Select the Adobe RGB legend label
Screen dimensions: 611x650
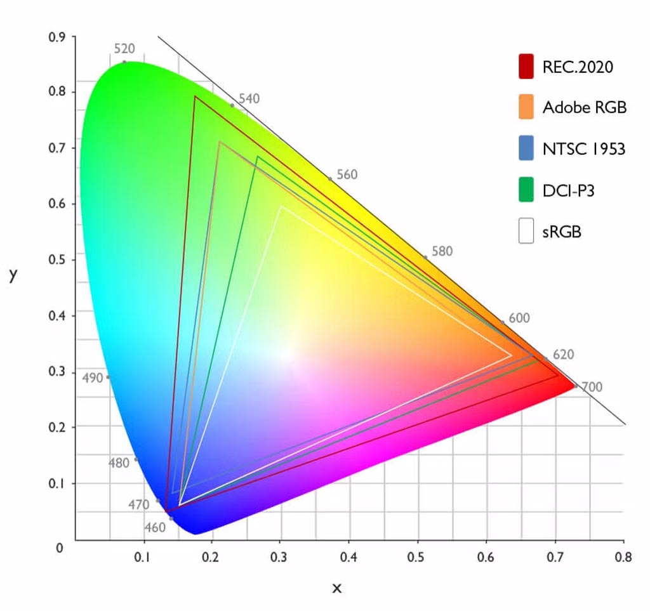[x=584, y=107]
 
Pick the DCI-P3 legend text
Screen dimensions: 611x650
[x=568, y=190]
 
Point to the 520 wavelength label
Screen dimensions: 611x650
[x=124, y=49]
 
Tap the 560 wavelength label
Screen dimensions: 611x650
[x=347, y=174]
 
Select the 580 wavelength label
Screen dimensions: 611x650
[x=442, y=251]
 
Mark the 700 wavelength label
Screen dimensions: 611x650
[x=592, y=387]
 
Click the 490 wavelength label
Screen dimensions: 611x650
[x=93, y=378]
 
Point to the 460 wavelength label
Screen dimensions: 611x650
[x=155, y=527]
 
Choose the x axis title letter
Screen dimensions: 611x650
[x=337, y=588]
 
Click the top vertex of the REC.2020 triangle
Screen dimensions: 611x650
[x=195, y=96]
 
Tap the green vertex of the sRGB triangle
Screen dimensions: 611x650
[x=280, y=207]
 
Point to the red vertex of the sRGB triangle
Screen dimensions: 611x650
[x=512, y=356]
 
